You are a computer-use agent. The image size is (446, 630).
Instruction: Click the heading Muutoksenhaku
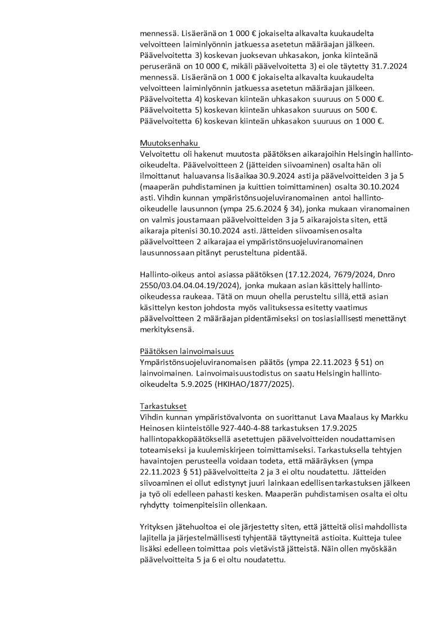(x=170, y=143)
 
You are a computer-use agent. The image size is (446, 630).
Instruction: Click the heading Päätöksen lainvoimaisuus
(x=186, y=351)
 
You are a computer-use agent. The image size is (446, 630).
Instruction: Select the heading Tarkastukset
(x=163, y=406)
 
